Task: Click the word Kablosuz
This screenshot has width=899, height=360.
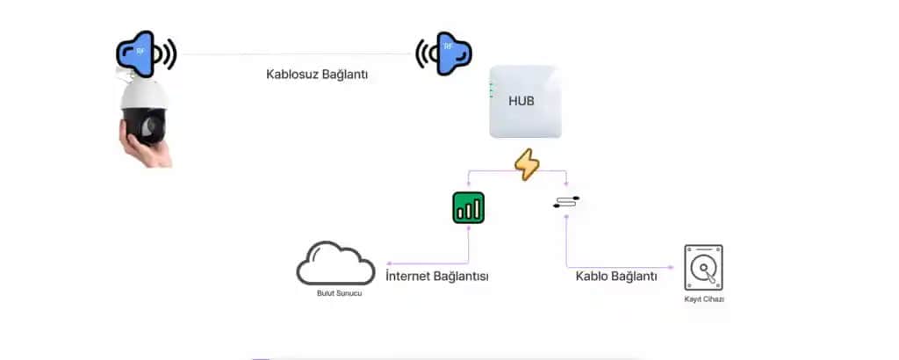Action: point(292,75)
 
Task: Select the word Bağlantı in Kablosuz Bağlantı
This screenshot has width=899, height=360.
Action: point(345,76)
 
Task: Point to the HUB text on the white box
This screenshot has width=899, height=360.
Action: point(521,101)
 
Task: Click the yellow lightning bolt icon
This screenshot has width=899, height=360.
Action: point(527,164)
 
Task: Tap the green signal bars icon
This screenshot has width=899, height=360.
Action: point(469,207)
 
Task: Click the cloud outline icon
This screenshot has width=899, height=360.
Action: point(335,263)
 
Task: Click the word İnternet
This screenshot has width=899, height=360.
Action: point(412,276)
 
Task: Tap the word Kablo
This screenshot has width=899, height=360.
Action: point(593,276)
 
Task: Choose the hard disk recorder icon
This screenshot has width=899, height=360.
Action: point(703,267)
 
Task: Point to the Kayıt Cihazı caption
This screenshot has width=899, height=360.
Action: point(704,299)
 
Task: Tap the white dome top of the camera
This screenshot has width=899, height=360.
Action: point(145,94)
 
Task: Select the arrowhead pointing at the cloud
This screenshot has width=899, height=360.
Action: point(390,263)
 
